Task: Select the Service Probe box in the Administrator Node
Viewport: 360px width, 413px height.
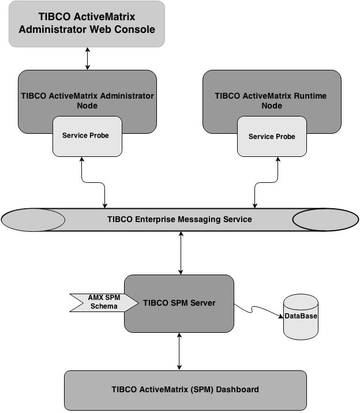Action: (x=87, y=136)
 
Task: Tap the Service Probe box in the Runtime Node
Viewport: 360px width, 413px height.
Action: (x=272, y=137)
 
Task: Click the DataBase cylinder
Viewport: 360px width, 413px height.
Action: (x=301, y=317)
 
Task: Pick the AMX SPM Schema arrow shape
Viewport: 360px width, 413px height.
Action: (x=103, y=302)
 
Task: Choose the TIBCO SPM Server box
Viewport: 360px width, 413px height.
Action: (x=179, y=303)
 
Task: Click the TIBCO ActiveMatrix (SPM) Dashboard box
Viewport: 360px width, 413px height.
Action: (x=185, y=390)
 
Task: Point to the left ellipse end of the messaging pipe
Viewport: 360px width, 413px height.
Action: (x=33, y=220)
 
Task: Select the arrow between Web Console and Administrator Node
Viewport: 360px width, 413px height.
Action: (x=88, y=59)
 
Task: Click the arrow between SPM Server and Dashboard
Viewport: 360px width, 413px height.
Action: (x=180, y=351)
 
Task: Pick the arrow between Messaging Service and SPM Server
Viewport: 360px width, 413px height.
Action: (x=181, y=253)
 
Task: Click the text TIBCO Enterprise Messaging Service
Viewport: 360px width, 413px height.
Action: (x=179, y=220)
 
